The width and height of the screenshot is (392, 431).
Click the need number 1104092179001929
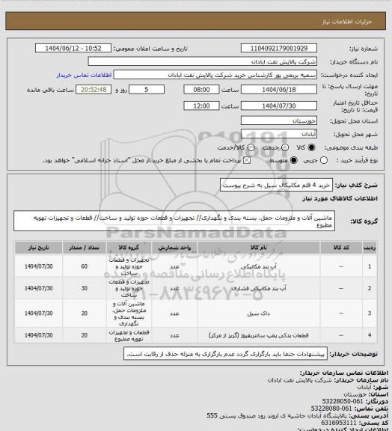278,48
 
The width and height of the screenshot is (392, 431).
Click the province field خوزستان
278,119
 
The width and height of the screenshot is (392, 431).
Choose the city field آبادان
278,133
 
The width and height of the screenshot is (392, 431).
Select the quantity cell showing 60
84,266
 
